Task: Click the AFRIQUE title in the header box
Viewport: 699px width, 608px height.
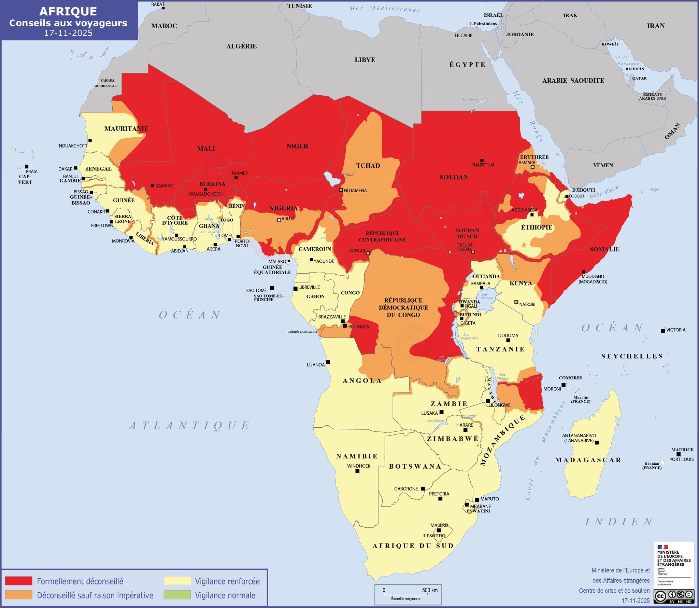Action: pyautogui.click(x=68, y=11)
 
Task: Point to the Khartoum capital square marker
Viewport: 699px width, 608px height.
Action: pyautogui.click(x=482, y=160)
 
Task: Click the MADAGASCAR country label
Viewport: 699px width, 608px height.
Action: pyautogui.click(x=588, y=460)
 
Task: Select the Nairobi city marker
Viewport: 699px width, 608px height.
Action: pyautogui.click(x=516, y=302)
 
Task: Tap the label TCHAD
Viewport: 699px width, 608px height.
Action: pyautogui.click(x=368, y=166)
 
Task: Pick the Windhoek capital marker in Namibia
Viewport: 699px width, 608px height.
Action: pyautogui.click(x=357, y=471)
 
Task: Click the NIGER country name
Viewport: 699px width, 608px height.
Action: pyautogui.click(x=297, y=146)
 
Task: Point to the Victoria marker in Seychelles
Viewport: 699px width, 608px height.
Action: pyautogui.click(x=663, y=331)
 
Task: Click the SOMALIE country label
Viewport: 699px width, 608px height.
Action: pyautogui.click(x=604, y=249)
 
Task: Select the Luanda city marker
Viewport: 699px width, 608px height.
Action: pyautogui.click(x=328, y=362)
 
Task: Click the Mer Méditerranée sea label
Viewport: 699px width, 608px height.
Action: pyautogui.click(x=385, y=9)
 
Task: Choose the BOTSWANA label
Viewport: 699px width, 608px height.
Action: pyautogui.click(x=415, y=466)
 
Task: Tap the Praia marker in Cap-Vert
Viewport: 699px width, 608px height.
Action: pyautogui.click(x=27, y=167)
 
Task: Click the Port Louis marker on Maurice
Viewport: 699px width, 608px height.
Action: pyautogui.click(x=679, y=454)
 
